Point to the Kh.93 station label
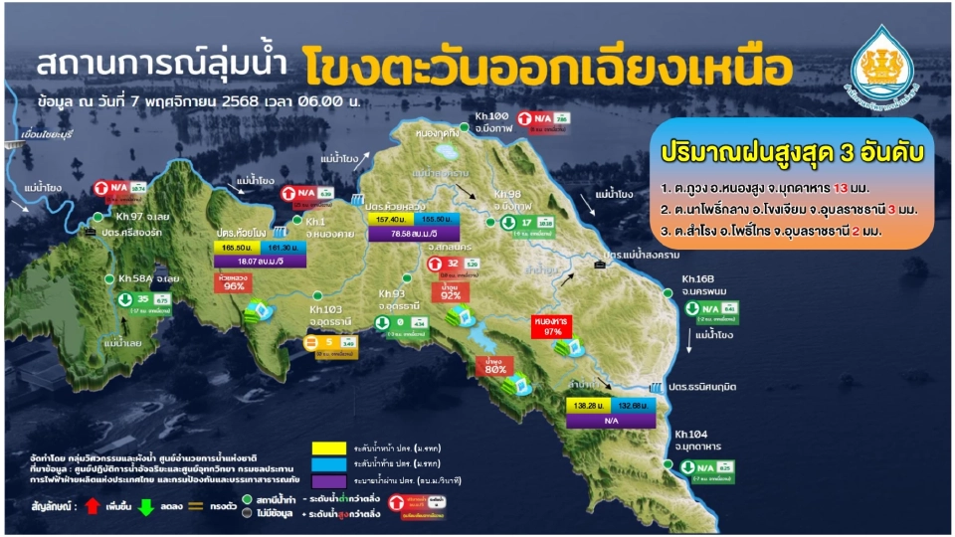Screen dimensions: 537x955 pos(395,293)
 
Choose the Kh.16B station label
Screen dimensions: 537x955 pos(700,279)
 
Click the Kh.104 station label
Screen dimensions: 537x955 pos(691,434)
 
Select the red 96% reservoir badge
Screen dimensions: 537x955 pos(234,282)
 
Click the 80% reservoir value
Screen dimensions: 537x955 pos(496,369)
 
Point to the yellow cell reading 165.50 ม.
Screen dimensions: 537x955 pos(236,245)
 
